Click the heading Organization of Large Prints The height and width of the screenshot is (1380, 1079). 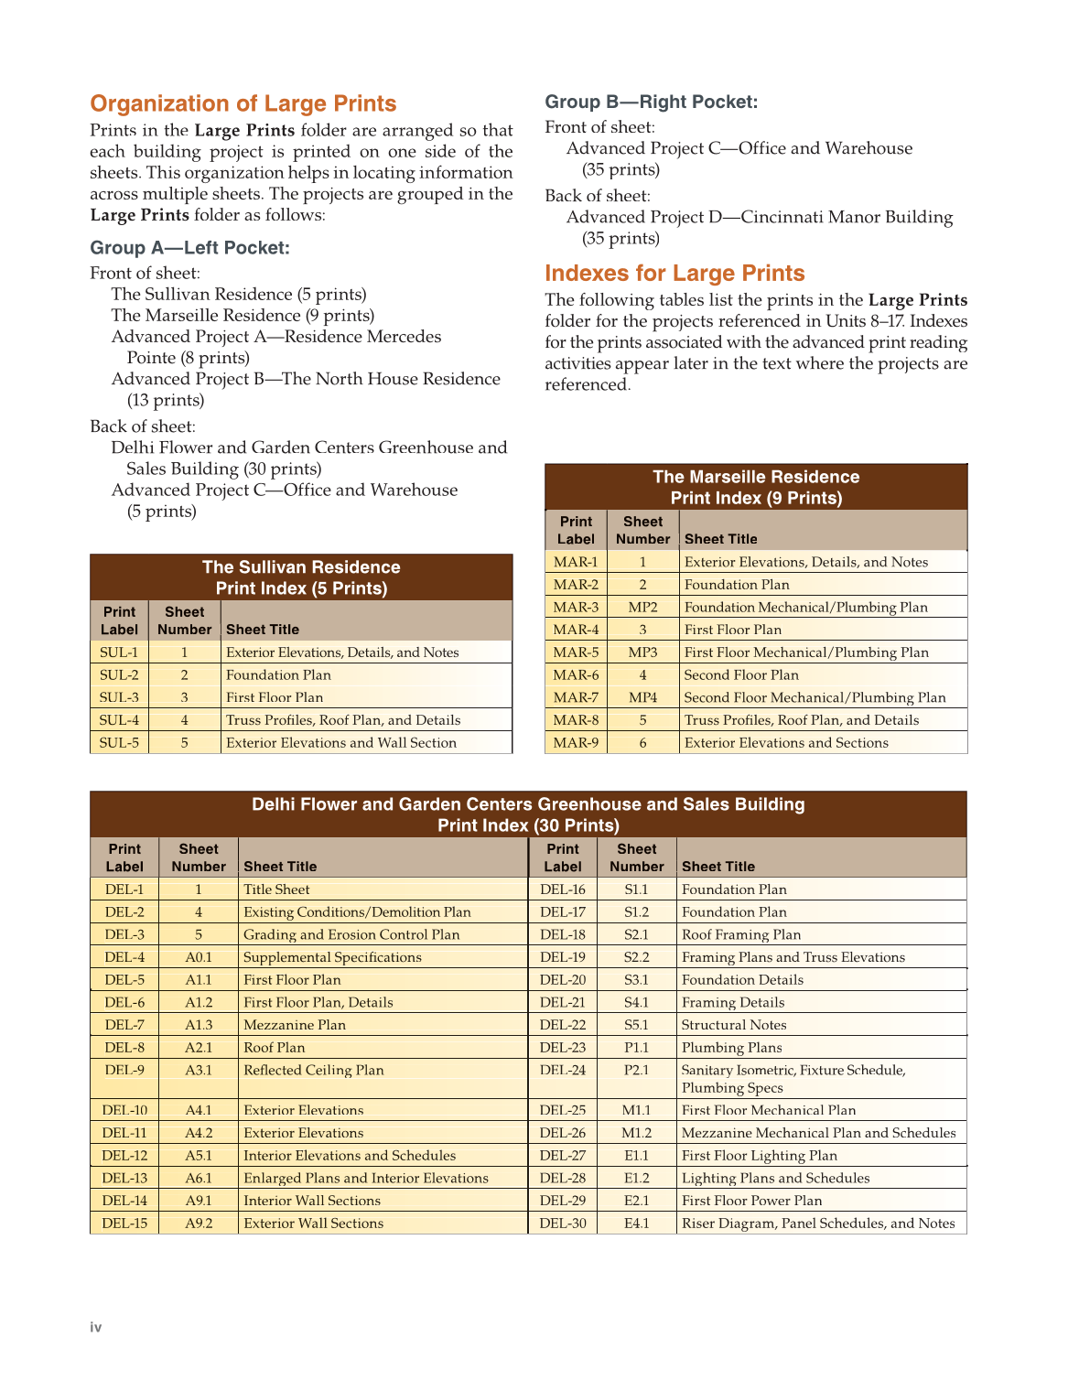[243, 103]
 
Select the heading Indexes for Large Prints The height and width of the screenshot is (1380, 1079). [674, 274]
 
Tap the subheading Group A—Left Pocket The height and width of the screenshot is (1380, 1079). [189, 248]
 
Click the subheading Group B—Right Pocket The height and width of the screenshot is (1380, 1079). [651, 102]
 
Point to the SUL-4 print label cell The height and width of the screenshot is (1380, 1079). [119, 720]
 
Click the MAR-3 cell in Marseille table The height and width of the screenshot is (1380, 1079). [576, 608]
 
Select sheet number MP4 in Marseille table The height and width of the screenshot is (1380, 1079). [642, 697]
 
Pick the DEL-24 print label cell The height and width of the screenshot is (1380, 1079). [562, 1071]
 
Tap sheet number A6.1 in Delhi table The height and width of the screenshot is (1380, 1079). [199, 1179]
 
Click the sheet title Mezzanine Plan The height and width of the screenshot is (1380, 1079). [295, 1025]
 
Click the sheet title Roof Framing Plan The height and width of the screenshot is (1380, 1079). [741, 934]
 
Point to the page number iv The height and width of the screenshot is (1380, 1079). [96, 1327]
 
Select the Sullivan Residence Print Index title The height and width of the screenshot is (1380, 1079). [301, 577]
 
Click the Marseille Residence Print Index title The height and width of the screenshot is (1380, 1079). [756, 487]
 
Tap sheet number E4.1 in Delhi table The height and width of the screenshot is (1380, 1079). [636, 1224]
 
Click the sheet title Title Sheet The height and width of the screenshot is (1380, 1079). [276, 889]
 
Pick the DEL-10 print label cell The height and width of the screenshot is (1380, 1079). [124, 1110]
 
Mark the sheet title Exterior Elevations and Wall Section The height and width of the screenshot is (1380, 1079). [341, 743]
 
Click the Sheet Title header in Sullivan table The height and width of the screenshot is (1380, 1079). [263, 630]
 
